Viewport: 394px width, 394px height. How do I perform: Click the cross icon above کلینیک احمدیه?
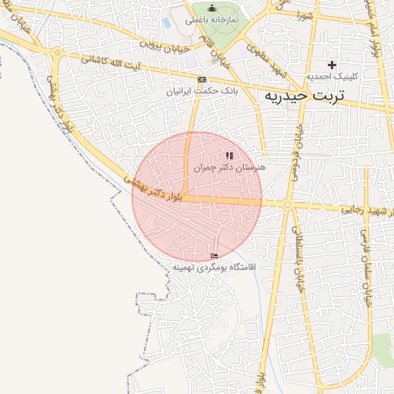tap(332, 65)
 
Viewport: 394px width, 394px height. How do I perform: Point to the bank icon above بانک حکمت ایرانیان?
tap(202, 79)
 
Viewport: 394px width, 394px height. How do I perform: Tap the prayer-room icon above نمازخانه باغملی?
tap(212, 8)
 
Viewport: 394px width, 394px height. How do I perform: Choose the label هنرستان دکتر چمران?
tap(229, 166)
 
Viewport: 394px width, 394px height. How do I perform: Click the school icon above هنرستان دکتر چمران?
tap(229, 155)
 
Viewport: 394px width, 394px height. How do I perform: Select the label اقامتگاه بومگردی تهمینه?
tap(213, 268)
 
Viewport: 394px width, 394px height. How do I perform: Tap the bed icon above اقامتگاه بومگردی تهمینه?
tap(214, 256)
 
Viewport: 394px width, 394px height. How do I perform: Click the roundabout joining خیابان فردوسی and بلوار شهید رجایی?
tap(287, 205)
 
